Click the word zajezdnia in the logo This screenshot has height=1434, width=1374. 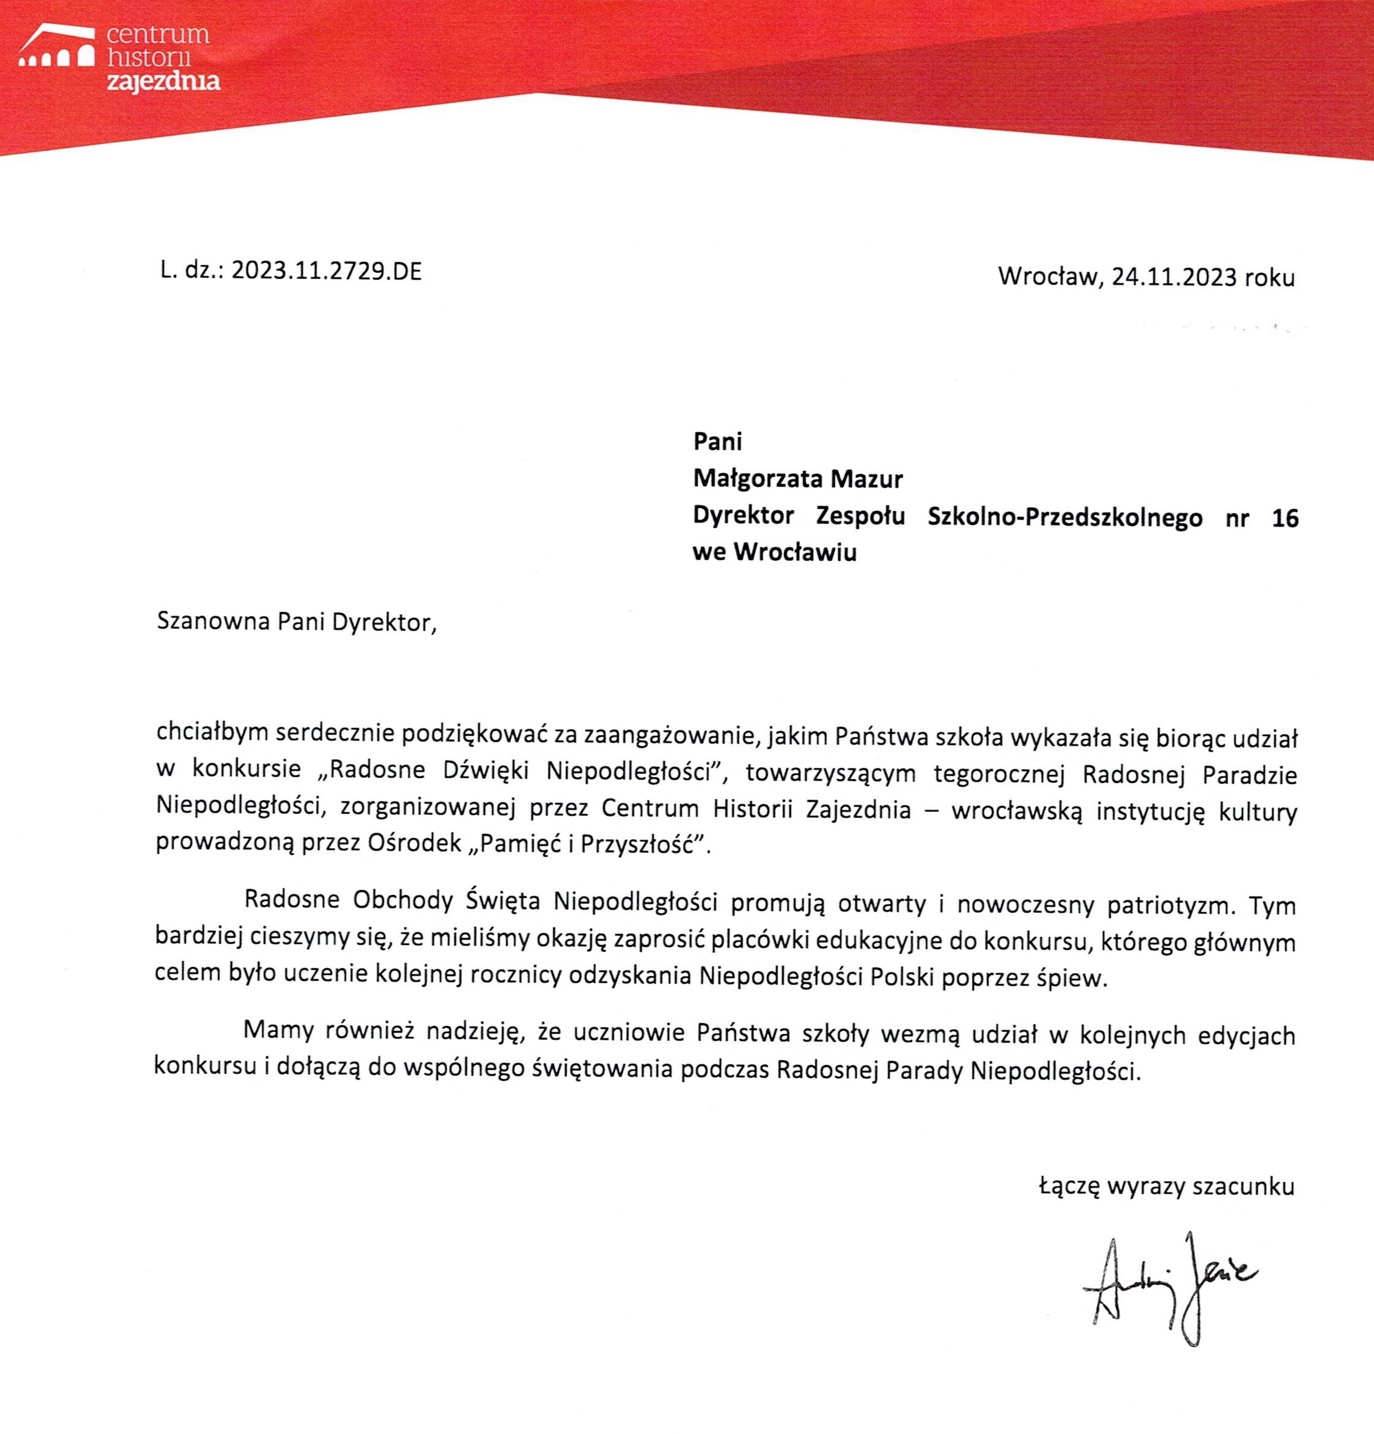(163, 80)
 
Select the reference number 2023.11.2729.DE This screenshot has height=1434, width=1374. (326, 271)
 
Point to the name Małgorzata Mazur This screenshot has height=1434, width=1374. (798, 479)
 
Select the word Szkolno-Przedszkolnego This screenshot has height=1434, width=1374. (1064, 517)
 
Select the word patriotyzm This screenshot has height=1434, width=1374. (1170, 905)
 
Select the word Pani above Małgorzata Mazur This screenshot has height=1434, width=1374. (717, 441)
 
